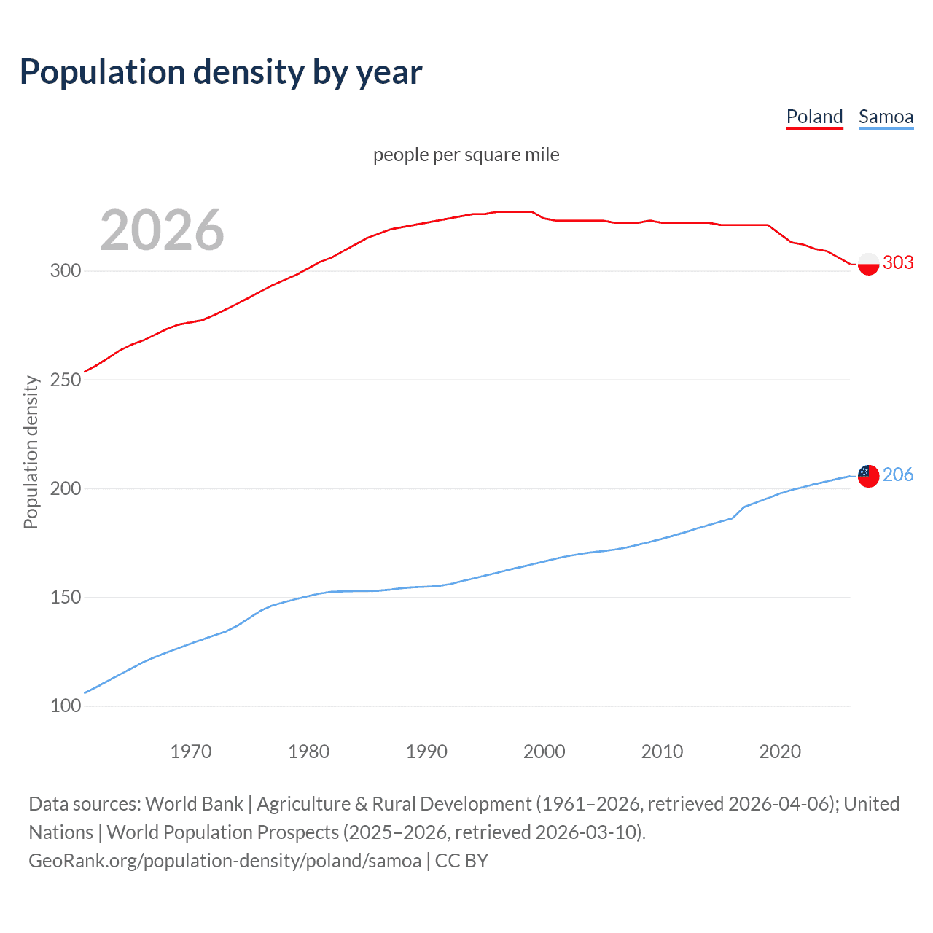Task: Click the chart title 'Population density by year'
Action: tap(221, 72)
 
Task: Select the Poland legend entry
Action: tap(814, 117)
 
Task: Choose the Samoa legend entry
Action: tap(886, 117)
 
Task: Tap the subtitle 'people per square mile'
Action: tap(466, 155)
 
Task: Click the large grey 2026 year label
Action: tap(162, 230)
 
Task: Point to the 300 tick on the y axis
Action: tap(65, 271)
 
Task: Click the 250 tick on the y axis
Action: tap(65, 380)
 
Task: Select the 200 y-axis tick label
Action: tap(65, 488)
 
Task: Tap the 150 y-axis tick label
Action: tap(65, 598)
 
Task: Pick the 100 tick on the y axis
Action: tap(65, 706)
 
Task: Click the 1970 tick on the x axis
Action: tap(191, 752)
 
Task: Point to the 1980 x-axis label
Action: tap(309, 752)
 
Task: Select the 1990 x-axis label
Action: tap(426, 752)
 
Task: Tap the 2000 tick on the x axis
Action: tap(544, 752)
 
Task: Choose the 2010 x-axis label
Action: tap(662, 752)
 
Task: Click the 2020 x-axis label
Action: tap(780, 752)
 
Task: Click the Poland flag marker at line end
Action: tap(868, 264)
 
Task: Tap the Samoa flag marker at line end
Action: tap(868, 476)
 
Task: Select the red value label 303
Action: tap(898, 263)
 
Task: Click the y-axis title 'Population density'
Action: tap(31, 452)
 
